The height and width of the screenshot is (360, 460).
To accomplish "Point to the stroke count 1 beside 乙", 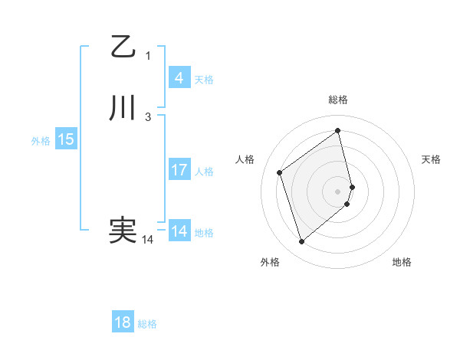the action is (148, 56).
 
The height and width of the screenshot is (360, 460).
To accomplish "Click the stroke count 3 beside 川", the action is (148, 117).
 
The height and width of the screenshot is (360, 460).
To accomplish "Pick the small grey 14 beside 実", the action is (147, 240).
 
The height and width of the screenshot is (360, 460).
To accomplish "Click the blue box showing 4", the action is (179, 77).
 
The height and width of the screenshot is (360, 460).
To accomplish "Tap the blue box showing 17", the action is (179, 170).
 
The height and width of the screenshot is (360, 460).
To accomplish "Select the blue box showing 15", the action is (66, 139).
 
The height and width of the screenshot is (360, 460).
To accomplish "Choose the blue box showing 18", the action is (123, 322).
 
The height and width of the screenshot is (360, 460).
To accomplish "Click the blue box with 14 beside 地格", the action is (179, 231).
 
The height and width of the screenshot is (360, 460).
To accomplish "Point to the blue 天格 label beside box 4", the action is (204, 80).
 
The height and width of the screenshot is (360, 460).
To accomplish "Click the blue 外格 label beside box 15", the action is (41, 141).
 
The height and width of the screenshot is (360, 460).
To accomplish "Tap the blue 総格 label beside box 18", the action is (147, 324).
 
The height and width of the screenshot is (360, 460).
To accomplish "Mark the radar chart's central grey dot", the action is (338, 191).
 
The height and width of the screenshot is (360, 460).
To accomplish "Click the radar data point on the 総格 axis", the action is (338, 130).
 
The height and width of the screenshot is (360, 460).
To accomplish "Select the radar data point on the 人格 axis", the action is (280, 172).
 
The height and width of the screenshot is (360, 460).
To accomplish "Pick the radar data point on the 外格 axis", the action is (301, 242).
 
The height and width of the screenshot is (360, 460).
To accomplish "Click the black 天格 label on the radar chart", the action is (431, 159).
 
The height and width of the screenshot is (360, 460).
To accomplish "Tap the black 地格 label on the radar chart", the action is (402, 262).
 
